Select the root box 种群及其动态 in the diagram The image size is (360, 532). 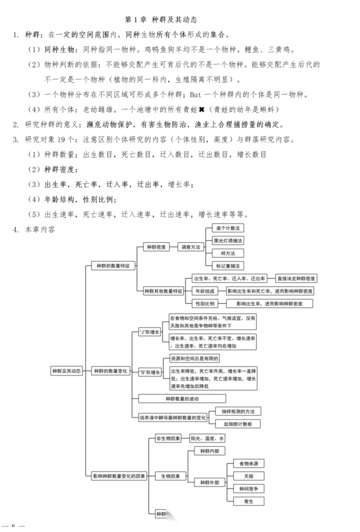(66, 371)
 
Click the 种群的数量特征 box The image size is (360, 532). (113, 266)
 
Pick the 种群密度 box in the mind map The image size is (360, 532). (157, 247)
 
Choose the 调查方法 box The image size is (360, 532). (190, 247)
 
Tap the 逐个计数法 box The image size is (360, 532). (228, 229)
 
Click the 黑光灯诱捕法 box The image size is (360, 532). (228, 241)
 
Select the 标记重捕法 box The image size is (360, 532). (228, 265)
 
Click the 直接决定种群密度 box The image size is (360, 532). (296, 278)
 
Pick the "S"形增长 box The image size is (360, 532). (150, 372)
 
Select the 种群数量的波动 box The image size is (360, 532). (182, 398)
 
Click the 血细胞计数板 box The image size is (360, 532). (238, 424)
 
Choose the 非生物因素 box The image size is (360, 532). (168, 438)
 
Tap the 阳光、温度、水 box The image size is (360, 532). (207, 438)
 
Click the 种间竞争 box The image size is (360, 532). (248, 488)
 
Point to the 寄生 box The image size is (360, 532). (248, 501)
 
